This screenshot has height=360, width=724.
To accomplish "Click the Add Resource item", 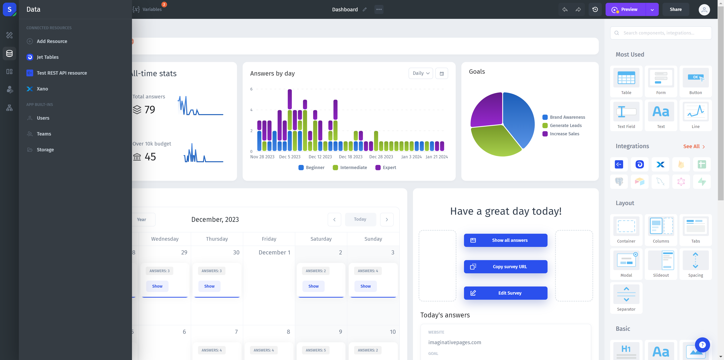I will [x=52, y=41].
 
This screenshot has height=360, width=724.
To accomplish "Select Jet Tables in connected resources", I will [x=48, y=57].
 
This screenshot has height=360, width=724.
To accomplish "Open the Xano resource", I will [x=42, y=89].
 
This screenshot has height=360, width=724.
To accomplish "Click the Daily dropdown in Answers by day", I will [x=420, y=73].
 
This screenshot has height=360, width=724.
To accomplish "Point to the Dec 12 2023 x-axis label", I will [x=320, y=157].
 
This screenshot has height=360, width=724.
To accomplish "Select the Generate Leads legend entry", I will [x=565, y=126].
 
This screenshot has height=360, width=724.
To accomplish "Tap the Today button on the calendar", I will [x=360, y=219].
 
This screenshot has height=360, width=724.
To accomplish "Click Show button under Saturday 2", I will [x=313, y=286].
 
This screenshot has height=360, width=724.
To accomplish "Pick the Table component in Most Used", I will [x=626, y=81].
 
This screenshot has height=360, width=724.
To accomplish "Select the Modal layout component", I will [x=626, y=264].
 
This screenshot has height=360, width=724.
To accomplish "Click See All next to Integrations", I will [x=694, y=146].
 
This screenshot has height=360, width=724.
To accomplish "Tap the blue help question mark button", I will [x=702, y=345].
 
